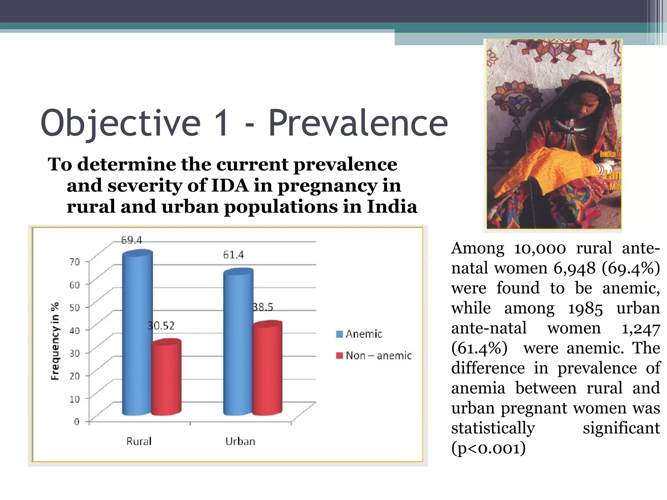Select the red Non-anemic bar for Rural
click(166, 378)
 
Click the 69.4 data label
click(132, 240)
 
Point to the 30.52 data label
click(161, 326)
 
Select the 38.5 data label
click(263, 307)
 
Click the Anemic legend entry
click(359, 334)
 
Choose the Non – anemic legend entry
click(374, 355)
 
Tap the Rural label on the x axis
click(139, 441)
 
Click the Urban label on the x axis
click(240, 441)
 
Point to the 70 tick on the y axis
click(75, 262)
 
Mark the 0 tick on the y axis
click(77, 422)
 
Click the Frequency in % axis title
click(55, 341)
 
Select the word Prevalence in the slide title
click(358, 123)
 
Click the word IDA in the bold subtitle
click(230, 186)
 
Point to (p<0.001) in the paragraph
click(488, 448)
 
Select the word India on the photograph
click(608, 154)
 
